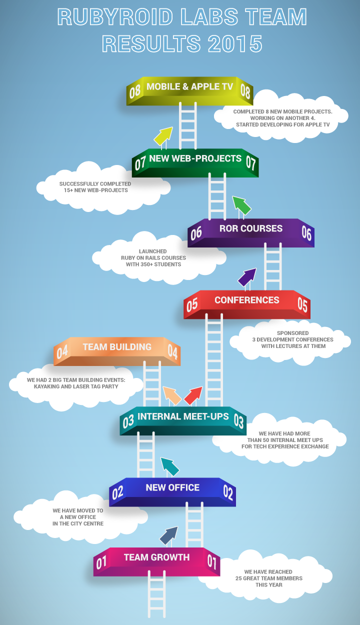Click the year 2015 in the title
click(235, 44)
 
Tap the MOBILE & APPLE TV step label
click(190, 86)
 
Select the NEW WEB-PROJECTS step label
click(195, 158)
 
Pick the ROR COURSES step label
click(250, 228)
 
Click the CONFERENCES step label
click(247, 300)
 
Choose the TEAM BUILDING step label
click(117, 347)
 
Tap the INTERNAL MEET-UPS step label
click(183, 416)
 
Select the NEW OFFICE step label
click(172, 487)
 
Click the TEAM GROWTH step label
click(156, 557)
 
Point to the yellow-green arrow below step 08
click(162, 136)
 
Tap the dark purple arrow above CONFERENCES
click(247, 277)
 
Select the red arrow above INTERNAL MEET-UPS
click(193, 395)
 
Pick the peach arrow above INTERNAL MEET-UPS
click(171, 395)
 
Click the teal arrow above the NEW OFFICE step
click(169, 466)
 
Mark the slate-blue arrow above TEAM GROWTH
click(169, 535)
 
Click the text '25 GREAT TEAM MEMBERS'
click(269, 578)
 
